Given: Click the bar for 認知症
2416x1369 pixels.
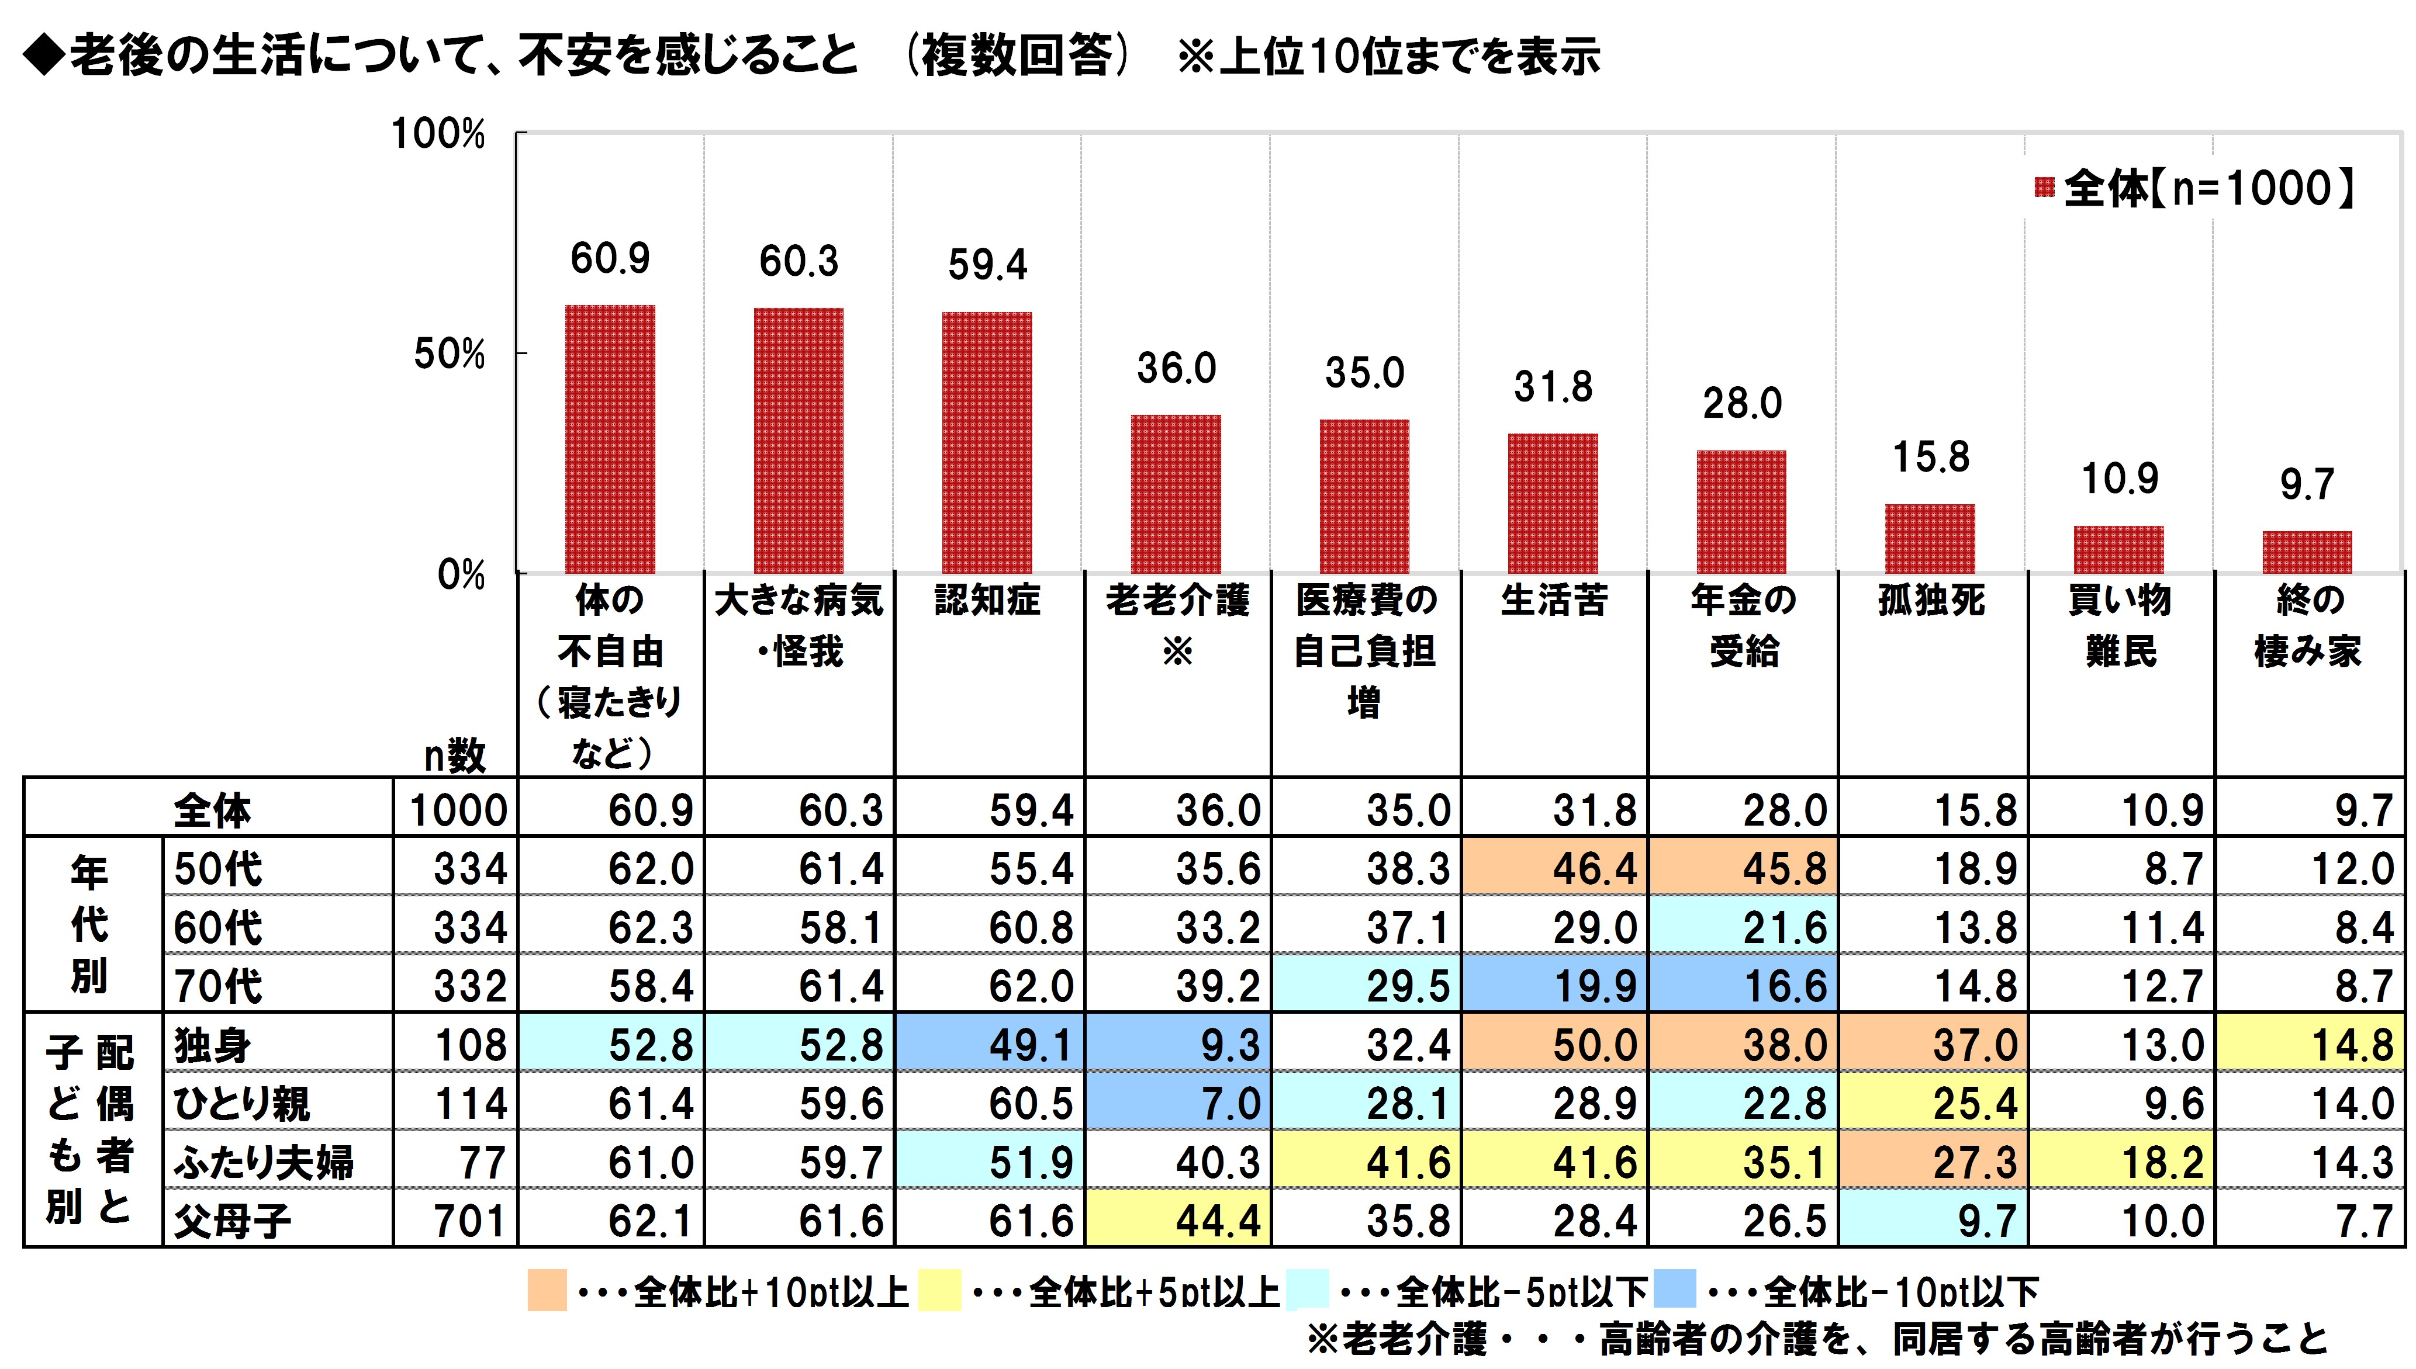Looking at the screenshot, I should click(x=987, y=442).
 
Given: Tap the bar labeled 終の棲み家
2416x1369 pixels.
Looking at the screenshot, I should click(x=2306, y=552).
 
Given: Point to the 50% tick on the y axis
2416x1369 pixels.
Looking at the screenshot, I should click(x=450, y=355).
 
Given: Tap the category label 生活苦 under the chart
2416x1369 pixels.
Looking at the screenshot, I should click(x=1554, y=600).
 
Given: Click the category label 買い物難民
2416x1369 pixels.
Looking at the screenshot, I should click(x=2120, y=625).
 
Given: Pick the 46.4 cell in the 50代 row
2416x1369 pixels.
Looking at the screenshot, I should click(x=1594, y=868).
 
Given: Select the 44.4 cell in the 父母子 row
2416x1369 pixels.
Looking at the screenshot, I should click(x=1217, y=1221).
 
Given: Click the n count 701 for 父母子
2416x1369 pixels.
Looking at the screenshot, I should click(x=469, y=1221).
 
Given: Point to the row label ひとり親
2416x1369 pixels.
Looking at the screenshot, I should click(x=241, y=1104).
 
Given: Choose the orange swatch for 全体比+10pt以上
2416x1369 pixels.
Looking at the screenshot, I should click(x=547, y=1290).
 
